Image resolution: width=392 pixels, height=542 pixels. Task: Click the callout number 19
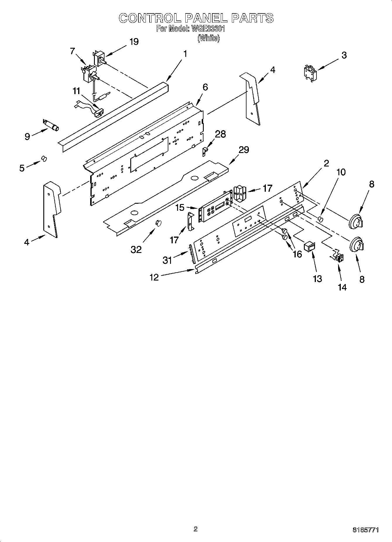pos(134,42)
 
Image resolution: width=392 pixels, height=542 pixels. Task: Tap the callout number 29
pos(244,150)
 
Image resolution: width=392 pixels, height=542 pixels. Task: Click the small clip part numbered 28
pos(206,151)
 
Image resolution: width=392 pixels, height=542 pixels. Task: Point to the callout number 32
pos(136,249)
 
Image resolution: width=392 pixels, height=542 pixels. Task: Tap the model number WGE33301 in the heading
pos(208,29)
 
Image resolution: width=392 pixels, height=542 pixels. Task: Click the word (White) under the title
pos(208,38)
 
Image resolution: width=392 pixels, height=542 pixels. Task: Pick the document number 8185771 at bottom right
pos(366,530)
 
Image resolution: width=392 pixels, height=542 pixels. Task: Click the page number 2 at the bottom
pos(196,529)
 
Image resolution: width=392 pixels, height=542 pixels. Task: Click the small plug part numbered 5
pos(44,159)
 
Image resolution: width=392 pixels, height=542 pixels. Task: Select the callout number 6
pos(205,87)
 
